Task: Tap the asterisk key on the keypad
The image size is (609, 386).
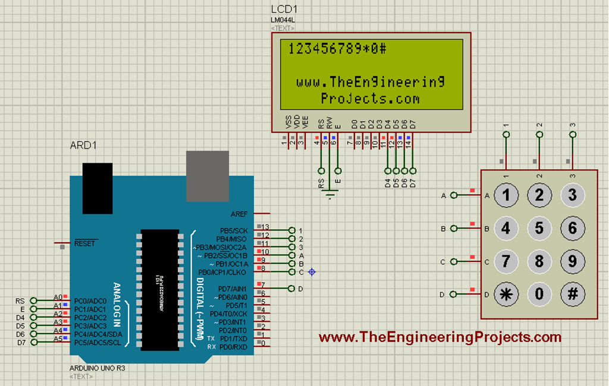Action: click(506, 294)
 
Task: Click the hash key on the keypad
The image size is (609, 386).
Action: click(572, 294)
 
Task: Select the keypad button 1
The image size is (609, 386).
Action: click(506, 195)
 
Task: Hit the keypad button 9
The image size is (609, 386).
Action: click(572, 261)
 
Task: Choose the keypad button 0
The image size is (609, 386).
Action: click(539, 294)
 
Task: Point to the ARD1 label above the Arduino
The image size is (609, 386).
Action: click(83, 145)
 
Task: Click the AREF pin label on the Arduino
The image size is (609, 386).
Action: click(239, 214)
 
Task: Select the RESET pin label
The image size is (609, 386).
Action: click(84, 243)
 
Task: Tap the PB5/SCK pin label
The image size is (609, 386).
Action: click(233, 230)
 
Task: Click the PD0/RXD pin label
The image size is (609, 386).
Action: click(233, 346)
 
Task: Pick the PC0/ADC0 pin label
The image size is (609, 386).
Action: click(87, 301)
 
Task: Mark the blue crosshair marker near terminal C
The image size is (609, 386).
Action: click(312, 272)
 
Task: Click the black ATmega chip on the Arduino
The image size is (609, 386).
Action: click(160, 289)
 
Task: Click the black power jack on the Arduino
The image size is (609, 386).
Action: click(98, 188)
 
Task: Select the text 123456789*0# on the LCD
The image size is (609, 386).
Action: click(337, 49)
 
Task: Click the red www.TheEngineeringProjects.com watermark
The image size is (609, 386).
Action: click(440, 337)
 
